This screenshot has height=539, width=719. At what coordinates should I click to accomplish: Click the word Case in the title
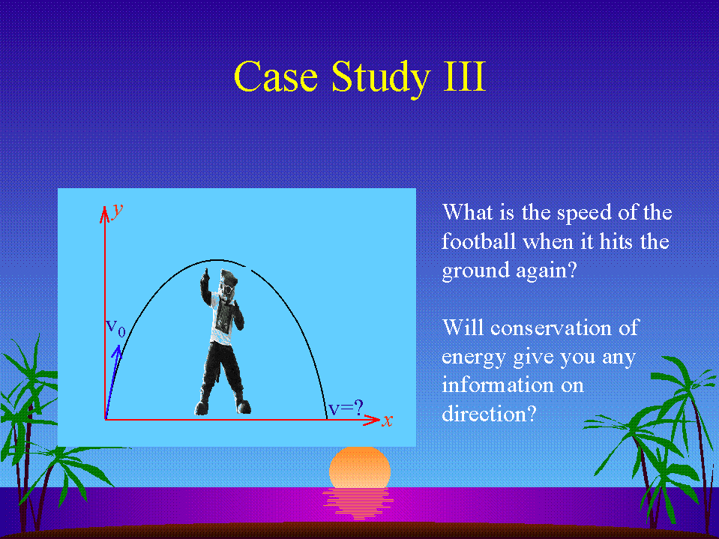coord(276,76)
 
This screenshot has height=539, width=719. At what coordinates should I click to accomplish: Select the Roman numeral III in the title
coord(464,76)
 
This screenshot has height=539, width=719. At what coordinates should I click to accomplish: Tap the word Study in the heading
coord(380,79)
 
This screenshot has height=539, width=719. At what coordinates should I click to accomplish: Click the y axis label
coord(118,210)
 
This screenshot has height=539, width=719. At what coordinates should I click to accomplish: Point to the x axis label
coord(388,421)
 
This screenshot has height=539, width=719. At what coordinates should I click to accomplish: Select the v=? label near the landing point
coord(346,407)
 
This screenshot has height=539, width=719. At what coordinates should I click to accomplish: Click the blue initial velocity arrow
coord(112,382)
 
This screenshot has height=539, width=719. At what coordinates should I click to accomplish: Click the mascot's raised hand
coord(205,275)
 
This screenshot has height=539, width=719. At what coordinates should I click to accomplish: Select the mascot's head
coord(228,283)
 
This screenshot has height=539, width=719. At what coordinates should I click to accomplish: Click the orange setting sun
coord(360,468)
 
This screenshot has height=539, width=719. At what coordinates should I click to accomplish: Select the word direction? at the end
coord(489,413)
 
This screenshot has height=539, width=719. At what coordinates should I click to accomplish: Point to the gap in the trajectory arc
coord(248,268)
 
